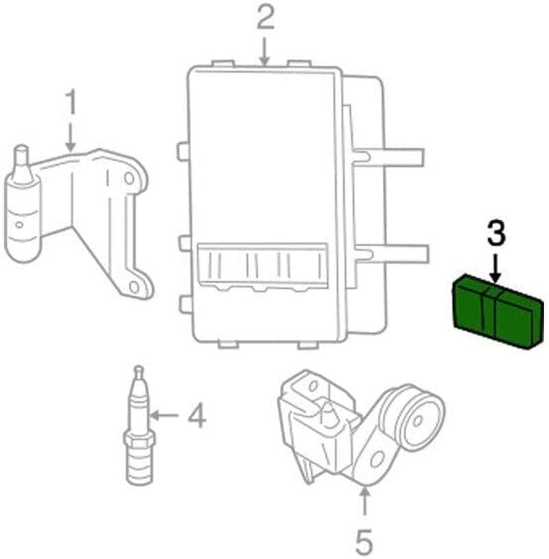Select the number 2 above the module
point(265,18)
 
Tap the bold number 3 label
point(496,235)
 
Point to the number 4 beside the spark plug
point(196,416)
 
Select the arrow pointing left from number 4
point(165,415)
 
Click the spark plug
point(138,429)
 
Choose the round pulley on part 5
point(414,418)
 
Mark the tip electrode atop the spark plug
point(139,371)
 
